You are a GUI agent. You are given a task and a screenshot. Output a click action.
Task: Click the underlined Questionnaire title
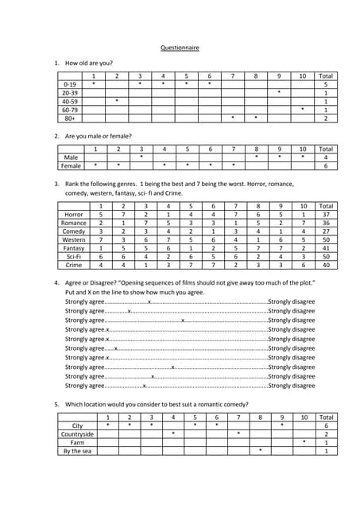(180, 48)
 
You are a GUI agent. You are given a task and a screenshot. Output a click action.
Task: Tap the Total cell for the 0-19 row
(326, 84)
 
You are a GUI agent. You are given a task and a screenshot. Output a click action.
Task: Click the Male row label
(71, 157)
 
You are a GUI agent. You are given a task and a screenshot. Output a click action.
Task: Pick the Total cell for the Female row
(326, 166)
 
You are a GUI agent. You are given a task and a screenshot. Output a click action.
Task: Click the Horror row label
(74, 215)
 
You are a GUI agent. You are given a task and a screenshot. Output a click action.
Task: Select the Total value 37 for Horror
(326, 215)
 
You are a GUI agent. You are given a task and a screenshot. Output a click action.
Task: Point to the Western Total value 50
(326, 239)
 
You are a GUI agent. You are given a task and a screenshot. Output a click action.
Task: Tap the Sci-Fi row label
(74, 257)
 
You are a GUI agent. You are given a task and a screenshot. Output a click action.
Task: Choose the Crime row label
(74, 266)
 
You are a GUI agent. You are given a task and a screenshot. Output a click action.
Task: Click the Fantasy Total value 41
(326, 248)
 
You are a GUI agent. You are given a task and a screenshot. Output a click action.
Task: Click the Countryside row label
(77, 434)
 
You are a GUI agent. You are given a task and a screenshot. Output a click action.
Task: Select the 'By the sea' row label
(77, 451)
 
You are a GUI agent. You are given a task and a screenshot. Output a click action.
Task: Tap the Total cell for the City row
(326, 425)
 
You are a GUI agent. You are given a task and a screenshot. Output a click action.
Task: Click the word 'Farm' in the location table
(77, 442)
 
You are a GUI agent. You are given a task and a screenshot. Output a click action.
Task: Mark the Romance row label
(74, 223)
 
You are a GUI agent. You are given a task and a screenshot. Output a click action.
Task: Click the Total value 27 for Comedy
(326, 231)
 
